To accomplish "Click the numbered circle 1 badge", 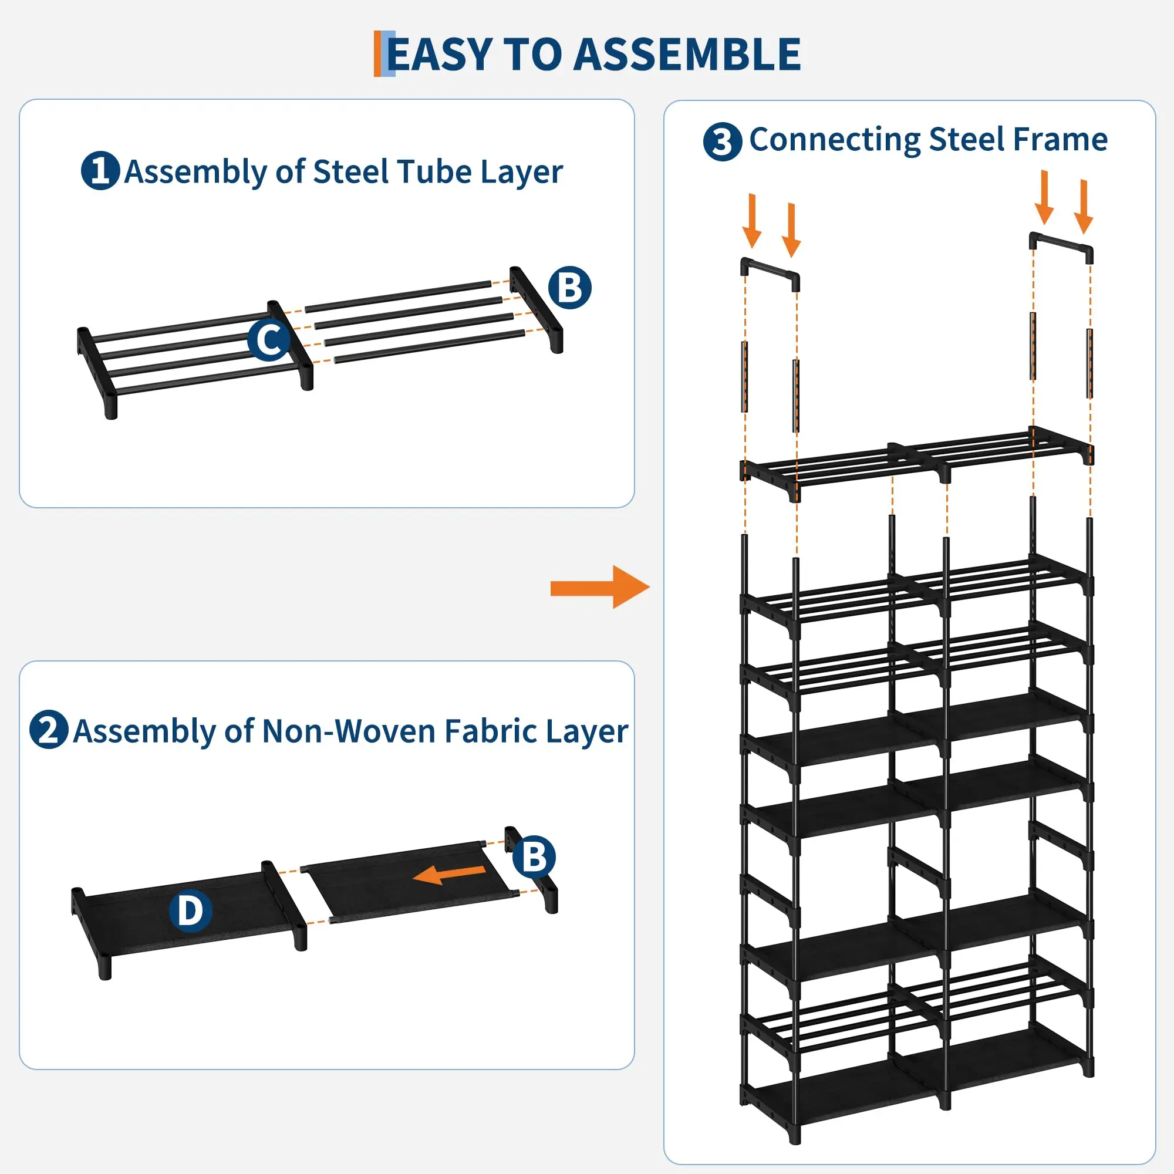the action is (100, 171).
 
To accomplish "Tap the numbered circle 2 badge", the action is (49, 729).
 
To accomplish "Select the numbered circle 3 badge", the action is (723, 141).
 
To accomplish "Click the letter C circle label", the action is (269, 339).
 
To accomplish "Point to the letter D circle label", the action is (190, 910).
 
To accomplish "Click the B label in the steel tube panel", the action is (569, 288).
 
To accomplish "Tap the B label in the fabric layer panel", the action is (534, 857).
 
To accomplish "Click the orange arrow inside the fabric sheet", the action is (449, 874).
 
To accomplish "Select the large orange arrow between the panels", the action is (600, 587).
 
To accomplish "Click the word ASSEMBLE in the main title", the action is (687, 55).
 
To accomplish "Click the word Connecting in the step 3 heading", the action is (835, 140).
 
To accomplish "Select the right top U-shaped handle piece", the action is (1061, 247).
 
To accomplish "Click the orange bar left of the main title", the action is (377, 53).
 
